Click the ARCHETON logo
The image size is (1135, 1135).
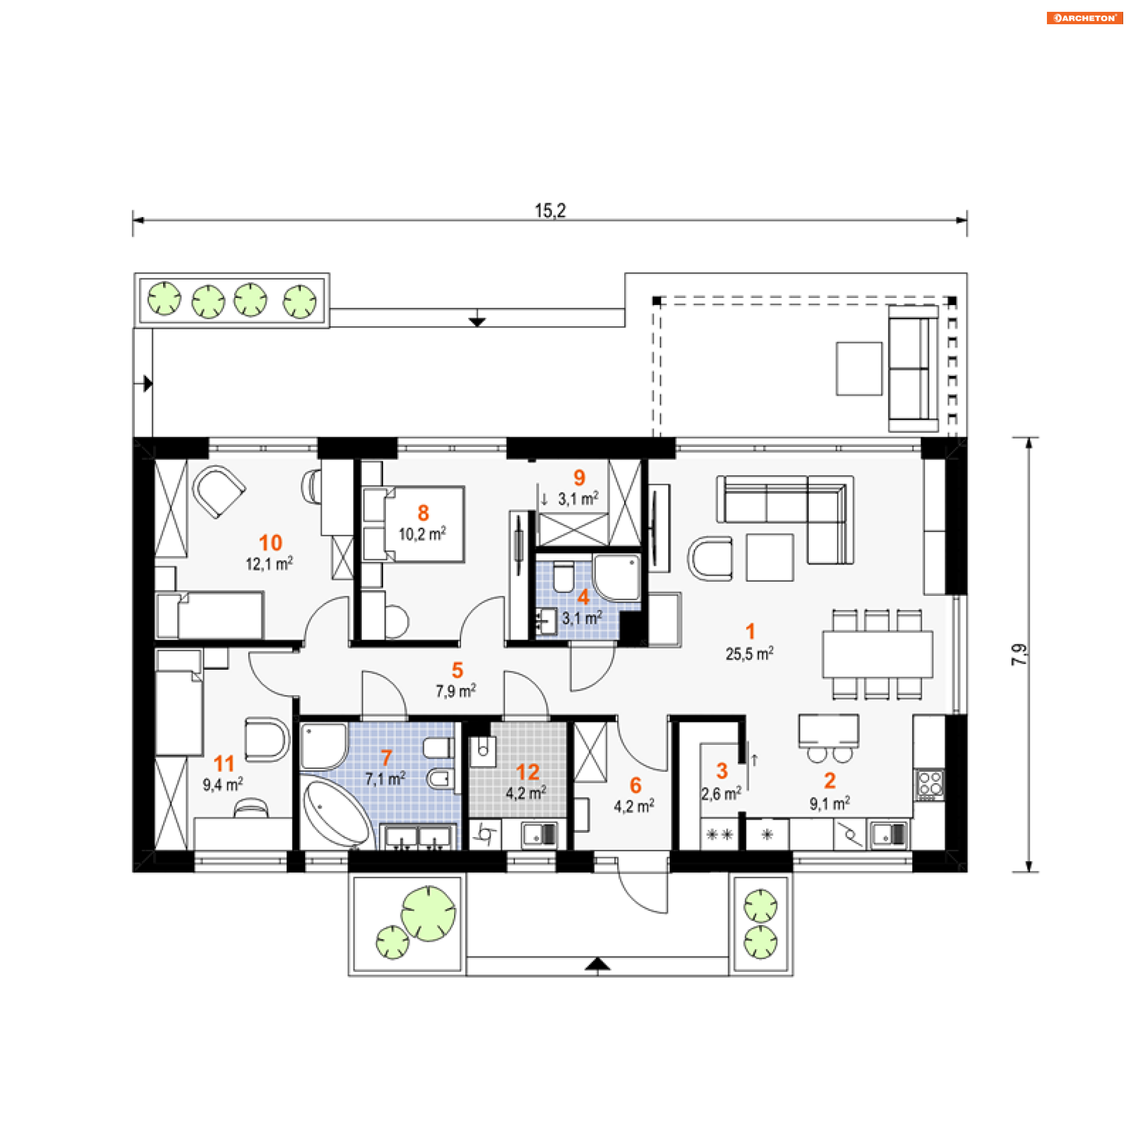(1084, 18)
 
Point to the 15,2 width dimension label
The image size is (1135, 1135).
(550, 210)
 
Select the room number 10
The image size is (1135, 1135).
(270, 543)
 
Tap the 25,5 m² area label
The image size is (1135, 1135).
(749, 653)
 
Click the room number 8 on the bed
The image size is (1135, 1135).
(423, 513)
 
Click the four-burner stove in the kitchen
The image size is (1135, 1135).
(929, 785)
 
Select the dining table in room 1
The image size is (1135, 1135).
(877, 654)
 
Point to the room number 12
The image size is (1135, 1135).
(527, 772)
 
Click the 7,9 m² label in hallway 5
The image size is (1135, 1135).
(456, 690)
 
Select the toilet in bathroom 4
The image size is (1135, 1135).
(563, 577)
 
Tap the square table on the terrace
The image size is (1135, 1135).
(859, 368)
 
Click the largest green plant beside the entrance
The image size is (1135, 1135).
(428, 913)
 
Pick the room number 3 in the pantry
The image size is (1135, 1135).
(722, 771)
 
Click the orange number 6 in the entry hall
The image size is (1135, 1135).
(635, 785)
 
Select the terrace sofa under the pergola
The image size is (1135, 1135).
(913, 368)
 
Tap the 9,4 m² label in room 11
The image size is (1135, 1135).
(222, 784)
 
